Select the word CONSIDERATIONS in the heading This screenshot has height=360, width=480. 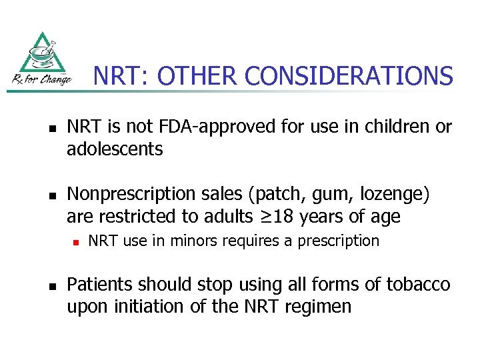(x=349, y=76)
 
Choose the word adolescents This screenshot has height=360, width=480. (x=115, y=149)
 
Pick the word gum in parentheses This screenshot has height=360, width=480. (x=311, y=195)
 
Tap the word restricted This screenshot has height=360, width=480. (x=137, y=217)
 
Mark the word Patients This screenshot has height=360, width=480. (x=101, y=285)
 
